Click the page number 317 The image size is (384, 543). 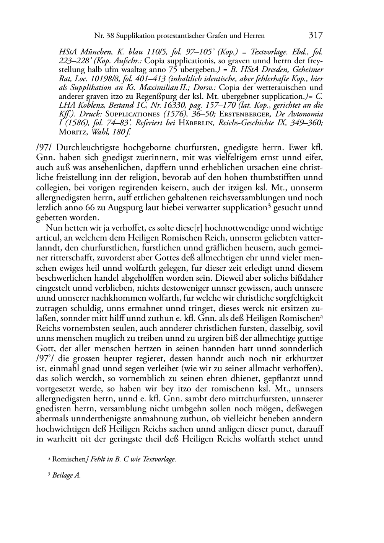point(316,35)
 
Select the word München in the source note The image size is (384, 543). point(93,52)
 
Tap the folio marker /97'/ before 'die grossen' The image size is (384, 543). point(46,358)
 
